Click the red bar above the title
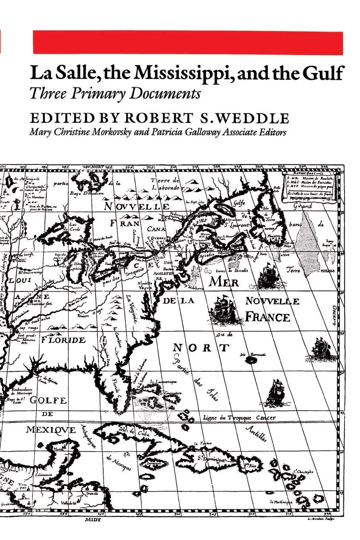pyautogui.click(x=187, y=42)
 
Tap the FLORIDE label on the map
pyautogui.click(x=63, y=340)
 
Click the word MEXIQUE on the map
pyautogui.click(x=51, y=430)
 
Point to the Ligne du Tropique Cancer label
pyautogui.click(x=239, y=417)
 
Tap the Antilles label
pyautogui.click(x=256, y=434)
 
